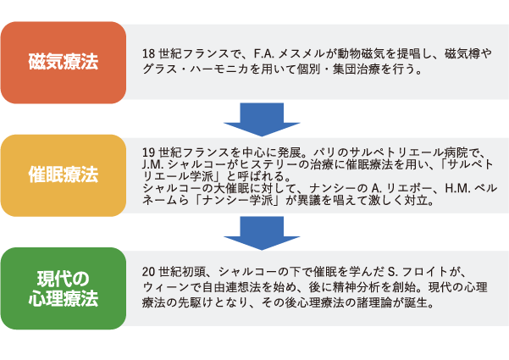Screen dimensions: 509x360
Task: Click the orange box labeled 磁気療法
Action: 64,63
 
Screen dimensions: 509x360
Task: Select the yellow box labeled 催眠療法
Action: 64,175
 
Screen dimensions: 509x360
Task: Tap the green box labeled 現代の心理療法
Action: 64,288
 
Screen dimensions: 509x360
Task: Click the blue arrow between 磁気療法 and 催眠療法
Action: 262,119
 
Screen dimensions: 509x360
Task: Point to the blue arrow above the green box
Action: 262,232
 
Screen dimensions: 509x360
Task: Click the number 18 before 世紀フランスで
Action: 148,54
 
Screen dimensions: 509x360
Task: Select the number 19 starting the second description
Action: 148,152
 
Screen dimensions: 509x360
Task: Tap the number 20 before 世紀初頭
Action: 148,271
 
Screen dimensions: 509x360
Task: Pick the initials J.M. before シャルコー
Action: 152,164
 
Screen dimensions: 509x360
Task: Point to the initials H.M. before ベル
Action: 457,188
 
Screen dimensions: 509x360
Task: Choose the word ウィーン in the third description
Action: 166,287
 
